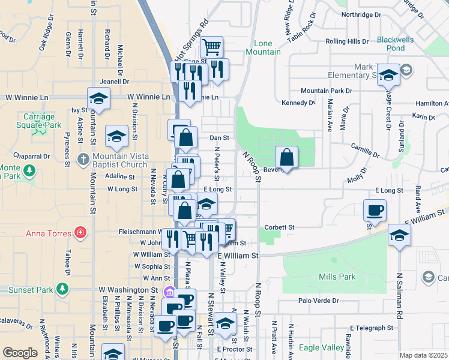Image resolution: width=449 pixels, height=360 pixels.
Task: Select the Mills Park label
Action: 337,277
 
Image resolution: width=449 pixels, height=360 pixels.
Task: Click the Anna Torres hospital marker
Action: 79,232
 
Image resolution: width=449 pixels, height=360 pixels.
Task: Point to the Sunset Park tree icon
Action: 62,290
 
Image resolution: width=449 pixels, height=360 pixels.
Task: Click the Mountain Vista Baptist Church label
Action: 120,160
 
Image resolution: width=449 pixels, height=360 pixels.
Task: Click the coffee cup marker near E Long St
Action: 375,209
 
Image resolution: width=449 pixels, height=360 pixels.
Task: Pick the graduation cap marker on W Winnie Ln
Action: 98,98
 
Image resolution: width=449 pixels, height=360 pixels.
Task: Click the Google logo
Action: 20,353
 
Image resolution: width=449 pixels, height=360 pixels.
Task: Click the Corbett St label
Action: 279,227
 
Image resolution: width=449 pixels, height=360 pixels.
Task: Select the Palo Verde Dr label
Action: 318,301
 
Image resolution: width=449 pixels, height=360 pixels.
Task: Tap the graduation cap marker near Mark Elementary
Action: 388,74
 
